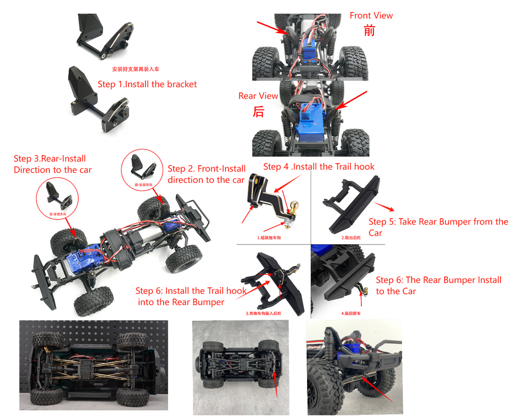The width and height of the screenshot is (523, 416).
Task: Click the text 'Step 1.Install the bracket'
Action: point(147,84)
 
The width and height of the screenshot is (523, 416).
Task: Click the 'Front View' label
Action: point(371,16)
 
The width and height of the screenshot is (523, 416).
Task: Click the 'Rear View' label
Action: point(258,96)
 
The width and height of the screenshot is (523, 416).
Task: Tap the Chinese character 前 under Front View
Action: point(369,31)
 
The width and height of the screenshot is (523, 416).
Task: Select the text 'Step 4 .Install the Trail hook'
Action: point(319,167)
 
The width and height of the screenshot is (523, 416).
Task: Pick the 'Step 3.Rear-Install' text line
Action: point(50,159)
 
